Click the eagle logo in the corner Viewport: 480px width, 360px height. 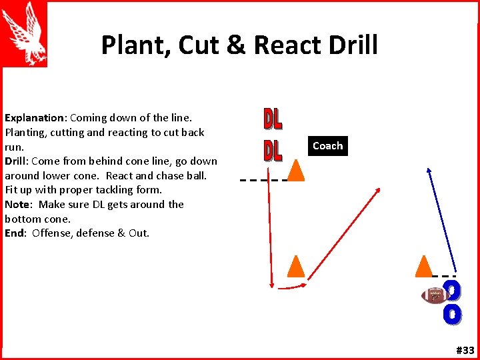(x=24, y=33)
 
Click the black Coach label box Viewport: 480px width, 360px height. (x=327, y=146)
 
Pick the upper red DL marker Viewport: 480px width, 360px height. (x=273, y=119)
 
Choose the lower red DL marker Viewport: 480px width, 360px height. (x=273, y=150)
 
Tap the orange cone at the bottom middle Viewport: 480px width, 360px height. (x=295, y=266)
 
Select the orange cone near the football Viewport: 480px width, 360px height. (x=423, y=266)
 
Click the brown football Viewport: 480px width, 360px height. (x=435, y=294)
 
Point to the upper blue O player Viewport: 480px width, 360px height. (x=453, y=290)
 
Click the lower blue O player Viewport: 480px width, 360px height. (x=453, y=314)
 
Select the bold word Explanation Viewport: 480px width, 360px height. (x=35, y=118)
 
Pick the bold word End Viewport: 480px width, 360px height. (x=15, y=233)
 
